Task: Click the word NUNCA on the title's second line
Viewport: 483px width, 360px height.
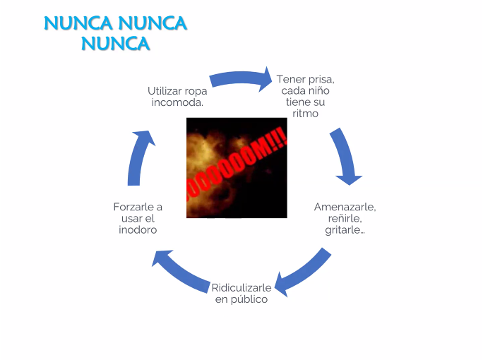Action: (x=116, y=44)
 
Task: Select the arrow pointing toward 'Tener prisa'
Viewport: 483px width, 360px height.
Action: (x=241, y=79)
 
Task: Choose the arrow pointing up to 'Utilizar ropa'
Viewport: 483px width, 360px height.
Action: (x=141, y=157)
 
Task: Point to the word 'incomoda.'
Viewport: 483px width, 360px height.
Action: (x=177, y=102)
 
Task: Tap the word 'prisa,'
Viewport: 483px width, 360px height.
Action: (x=321, y=80)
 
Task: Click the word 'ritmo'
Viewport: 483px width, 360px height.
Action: (x=305, y=114)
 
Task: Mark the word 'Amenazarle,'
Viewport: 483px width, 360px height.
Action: (x=345, y=207)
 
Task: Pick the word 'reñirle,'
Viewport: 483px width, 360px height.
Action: (x=345, y=218)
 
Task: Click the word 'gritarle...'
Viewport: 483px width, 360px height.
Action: (x=345, y=229)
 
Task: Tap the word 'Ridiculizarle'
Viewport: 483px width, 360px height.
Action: (x=241, y=287)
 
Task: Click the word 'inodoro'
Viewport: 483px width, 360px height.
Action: (x=138, y=229)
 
